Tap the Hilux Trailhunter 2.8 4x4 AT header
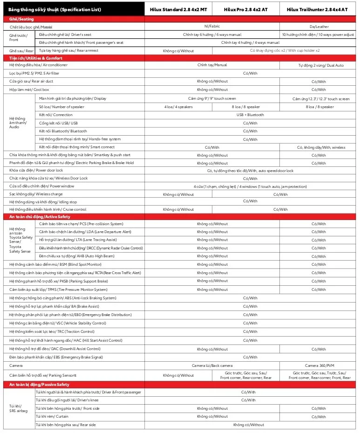click(x=317, y=9)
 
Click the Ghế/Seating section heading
click(x=21, y=19)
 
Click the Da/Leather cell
click(x=319, y=27)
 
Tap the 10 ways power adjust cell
click(x=318, y=35)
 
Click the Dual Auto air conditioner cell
click(x=321, y=65)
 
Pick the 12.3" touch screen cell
click(x=321, y=99)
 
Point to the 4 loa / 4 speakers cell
click(x=178, y=107)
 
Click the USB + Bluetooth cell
click(x=250, y=115)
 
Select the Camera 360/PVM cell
click(x=319, y=365)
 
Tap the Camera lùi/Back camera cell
click(x=212, y=365)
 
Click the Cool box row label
click(x=29, y=90)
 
